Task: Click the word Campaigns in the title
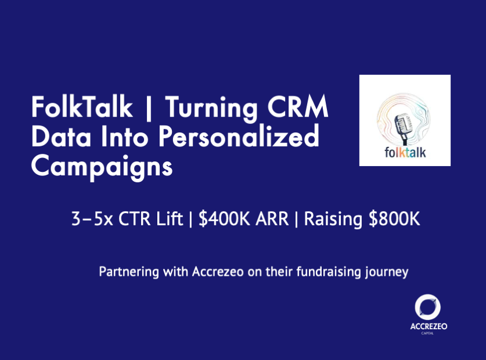pos(102,167)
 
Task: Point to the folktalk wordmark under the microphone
pos(405,153)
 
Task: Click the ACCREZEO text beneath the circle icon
pos(429,326)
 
